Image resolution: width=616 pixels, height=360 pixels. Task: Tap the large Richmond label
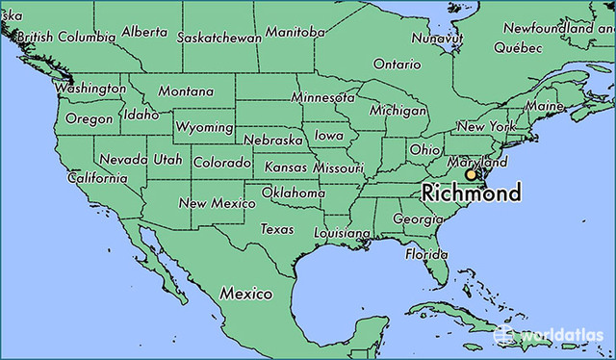point(472,193)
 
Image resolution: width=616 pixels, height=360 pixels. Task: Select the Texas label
point(277,229)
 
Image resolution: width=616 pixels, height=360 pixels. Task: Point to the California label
point(96,178)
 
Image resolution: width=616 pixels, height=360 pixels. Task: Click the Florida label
point(425,254)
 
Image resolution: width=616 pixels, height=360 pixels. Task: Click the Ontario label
point(397,64)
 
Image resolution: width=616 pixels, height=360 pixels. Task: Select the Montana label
point(186,90)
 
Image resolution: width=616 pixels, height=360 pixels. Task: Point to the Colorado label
point(222,163)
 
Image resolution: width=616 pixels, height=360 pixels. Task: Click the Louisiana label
point(342,233)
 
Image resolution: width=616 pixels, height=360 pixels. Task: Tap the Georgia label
point(419,219)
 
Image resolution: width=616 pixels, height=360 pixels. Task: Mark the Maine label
point(545,105)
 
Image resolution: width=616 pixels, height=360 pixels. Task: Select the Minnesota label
point(323,98)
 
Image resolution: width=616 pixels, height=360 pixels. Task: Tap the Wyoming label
point(204,127)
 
